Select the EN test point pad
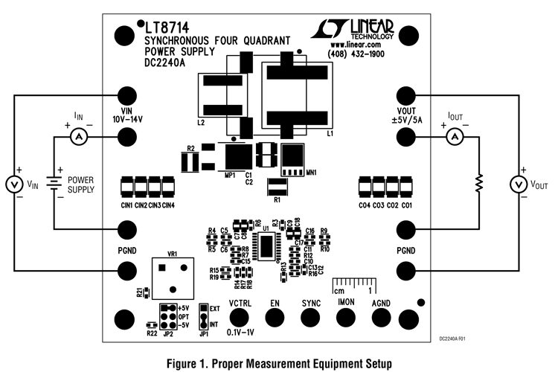click(x=275, y=318)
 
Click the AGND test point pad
click(x=381, y=318)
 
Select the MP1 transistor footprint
click(x=238, y=156)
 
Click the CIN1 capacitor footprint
click(x=127, y=186)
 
